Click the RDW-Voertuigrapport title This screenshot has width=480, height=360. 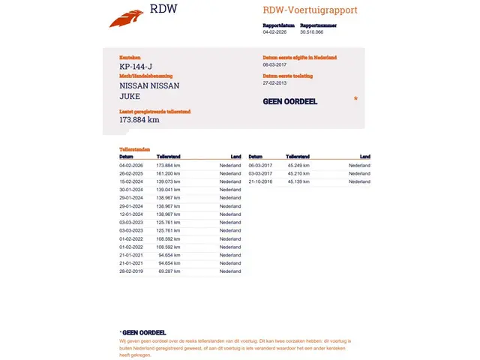point(310,10)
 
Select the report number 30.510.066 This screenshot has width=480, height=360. point(311,32)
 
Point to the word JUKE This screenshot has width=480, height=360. point(130,96)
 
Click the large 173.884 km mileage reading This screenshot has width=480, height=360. point(139,119)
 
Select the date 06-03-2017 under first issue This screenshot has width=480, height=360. point(276,64)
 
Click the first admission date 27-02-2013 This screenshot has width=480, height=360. point(276,83)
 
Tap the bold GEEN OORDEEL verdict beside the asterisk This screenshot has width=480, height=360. point(290,101)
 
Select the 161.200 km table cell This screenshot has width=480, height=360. point(168,173)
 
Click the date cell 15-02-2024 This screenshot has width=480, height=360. point(131,181)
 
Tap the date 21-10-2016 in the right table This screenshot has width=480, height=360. point(260,181)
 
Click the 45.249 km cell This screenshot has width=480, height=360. point(298,165)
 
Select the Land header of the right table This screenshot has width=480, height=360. point(364,157)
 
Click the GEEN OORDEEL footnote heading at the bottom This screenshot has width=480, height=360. point(143,332)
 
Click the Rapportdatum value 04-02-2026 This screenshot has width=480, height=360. point(275,32)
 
